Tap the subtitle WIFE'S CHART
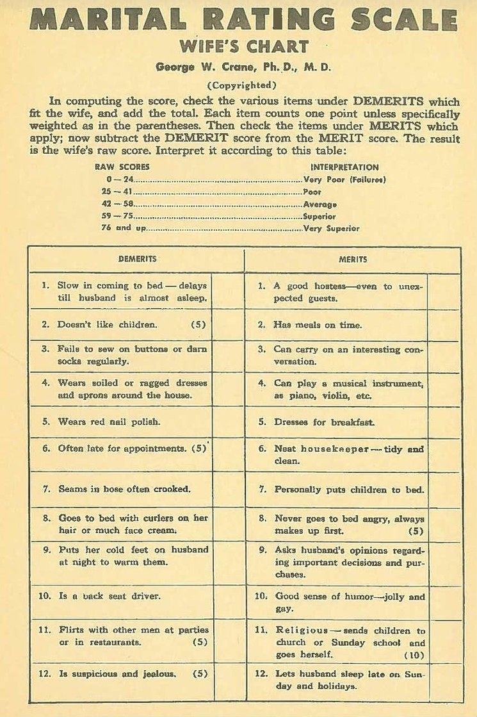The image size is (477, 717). [243, 47]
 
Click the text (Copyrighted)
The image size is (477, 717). [243, 85]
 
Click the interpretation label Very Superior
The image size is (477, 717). [331, 228]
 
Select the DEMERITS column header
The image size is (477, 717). [137, 259]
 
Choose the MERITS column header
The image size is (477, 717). [353, 260]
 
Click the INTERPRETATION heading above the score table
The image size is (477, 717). [340, 167]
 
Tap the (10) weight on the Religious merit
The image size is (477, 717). [414, 655]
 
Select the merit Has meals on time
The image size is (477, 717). [318, 325]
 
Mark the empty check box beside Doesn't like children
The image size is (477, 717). [229, 325]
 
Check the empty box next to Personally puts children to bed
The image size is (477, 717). [444, 490]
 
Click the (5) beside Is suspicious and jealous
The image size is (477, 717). [199, 674]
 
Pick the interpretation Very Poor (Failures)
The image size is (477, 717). [344, 180]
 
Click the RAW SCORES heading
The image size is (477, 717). [122, 167]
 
